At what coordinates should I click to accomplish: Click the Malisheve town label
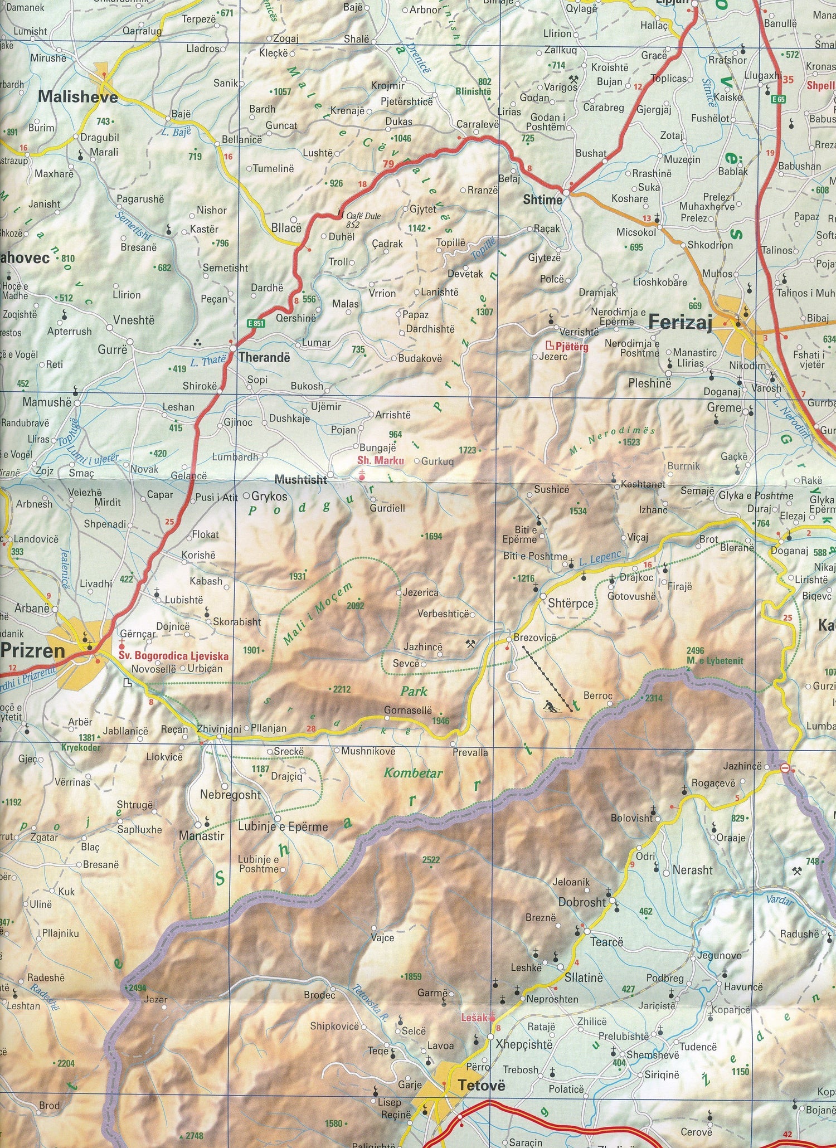tap(77, 97)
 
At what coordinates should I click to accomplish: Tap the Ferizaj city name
tap(681, 323)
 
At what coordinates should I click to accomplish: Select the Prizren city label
tap(33, 650)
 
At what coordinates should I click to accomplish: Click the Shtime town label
tap(542, 199)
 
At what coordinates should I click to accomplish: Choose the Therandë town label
tap(264, 357)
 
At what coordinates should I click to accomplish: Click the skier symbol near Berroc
tap(550, 706)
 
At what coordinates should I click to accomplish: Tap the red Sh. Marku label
tap(381, 460)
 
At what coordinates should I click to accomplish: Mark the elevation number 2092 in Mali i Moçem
tap(355, 606)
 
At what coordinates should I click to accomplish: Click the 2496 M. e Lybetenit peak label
tap(715, 656)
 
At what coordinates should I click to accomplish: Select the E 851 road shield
tap(256, 323)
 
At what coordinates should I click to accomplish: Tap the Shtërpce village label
tap(571, 604)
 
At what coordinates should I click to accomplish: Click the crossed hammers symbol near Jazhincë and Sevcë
tap(471, 644)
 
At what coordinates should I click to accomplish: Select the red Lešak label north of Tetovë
tap(474, 1017)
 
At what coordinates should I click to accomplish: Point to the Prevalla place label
tap(470, 752)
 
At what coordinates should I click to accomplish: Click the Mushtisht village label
tap(301, 479)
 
